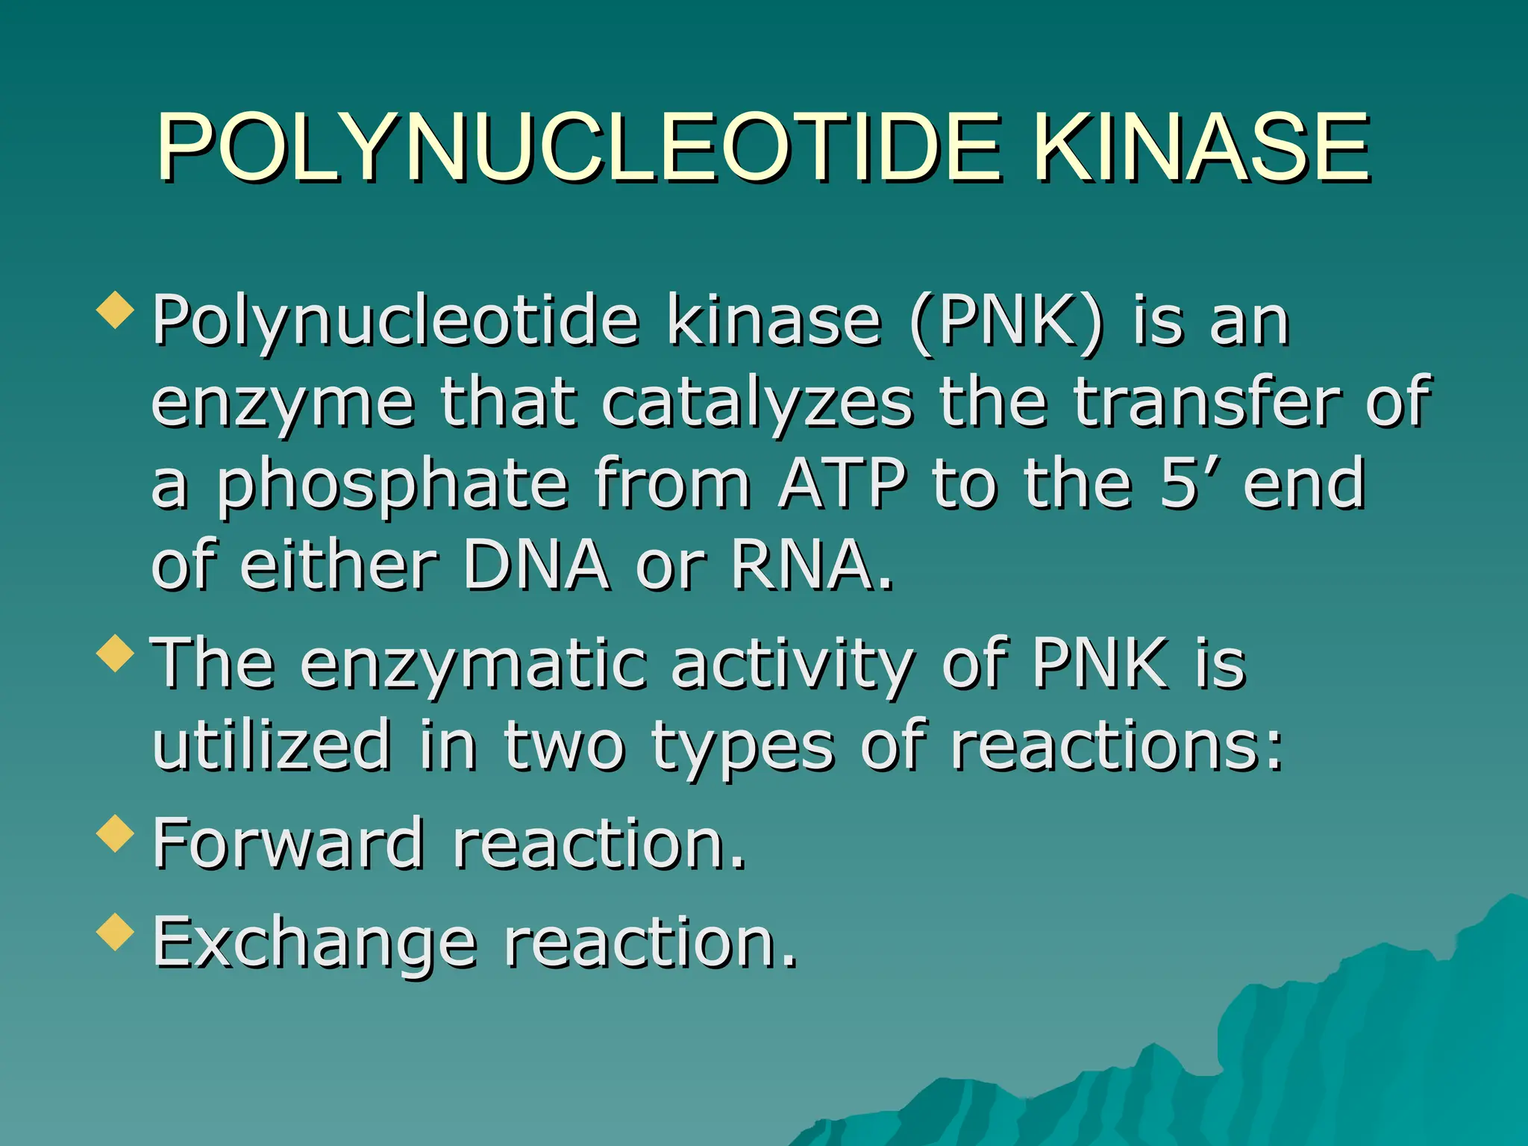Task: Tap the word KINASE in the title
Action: coord(1202,148)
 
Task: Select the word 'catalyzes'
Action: coord(757,404)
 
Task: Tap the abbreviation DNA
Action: coord(536,566)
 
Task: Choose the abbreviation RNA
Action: coord(802,566)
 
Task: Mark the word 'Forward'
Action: coord(288,844)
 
